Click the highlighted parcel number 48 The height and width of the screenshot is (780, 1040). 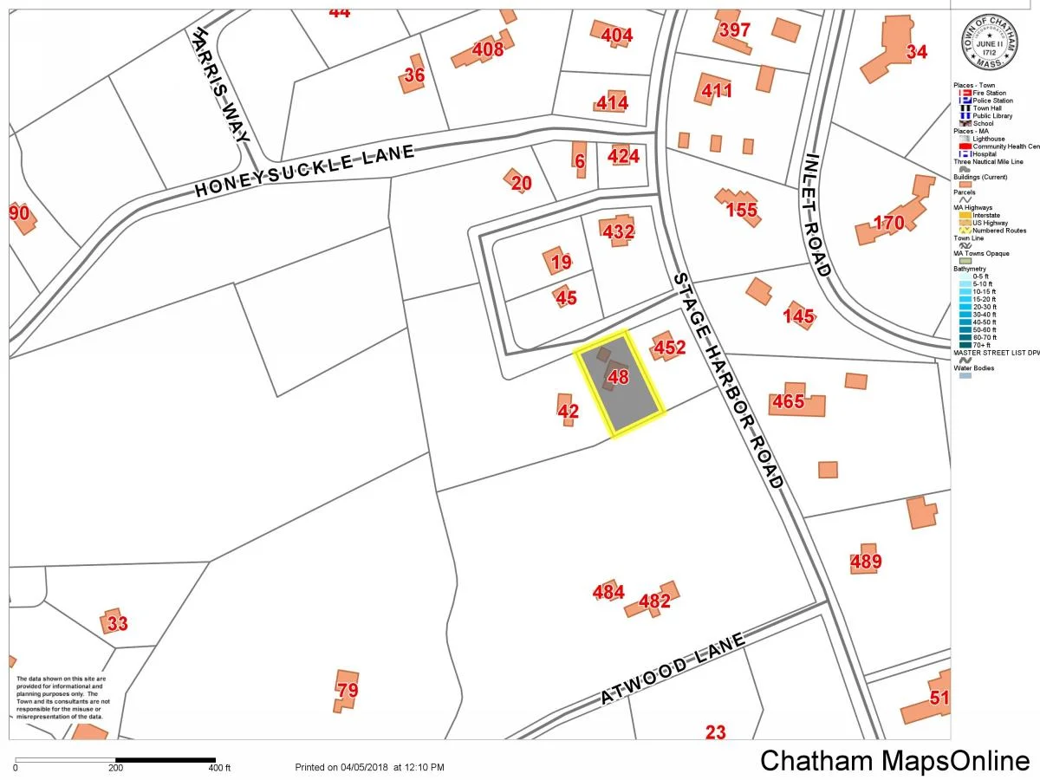(x=618, y=377)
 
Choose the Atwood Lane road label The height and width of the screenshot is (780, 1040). (x=673, y=669)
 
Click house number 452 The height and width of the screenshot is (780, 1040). (x=669, y=348)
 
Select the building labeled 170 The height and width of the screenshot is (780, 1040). (x=888, y=224)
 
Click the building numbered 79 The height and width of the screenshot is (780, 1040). (x=347, y=691)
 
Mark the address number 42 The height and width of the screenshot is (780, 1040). (x=568, y=412)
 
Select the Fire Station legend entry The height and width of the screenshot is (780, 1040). (x=988, y=93)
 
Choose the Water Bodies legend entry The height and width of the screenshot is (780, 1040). (x=974, y=368)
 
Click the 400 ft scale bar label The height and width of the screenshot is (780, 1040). (x=219, y=768)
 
